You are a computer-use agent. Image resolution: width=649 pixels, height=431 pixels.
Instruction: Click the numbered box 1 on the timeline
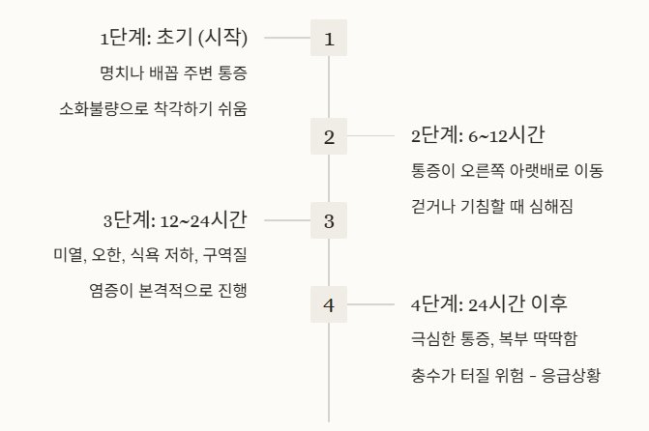pos(329,39)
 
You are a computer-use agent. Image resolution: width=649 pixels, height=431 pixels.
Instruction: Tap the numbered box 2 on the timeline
pos(329,137)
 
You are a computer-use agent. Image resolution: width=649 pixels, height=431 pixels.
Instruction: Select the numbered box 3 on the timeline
pos(329,220)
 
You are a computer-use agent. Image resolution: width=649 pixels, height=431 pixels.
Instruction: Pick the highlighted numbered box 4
pos(329,305)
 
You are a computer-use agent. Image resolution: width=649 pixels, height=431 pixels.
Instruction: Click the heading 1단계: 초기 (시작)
pos(174,39)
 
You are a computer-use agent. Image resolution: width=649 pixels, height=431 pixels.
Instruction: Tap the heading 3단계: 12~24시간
pos(175,220)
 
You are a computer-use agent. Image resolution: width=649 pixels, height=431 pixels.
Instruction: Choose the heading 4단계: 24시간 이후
pos(489,305)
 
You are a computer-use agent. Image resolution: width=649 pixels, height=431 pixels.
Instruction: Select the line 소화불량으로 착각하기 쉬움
pos(153,108)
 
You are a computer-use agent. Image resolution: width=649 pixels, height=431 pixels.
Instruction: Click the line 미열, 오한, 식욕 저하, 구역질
pos(150,255)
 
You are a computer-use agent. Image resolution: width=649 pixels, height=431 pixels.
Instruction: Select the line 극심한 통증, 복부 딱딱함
pos(493,339)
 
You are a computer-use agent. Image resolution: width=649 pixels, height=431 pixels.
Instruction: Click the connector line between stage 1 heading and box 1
pos(287,39)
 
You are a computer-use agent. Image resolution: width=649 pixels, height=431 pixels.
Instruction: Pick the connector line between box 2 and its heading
pos(370,137)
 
